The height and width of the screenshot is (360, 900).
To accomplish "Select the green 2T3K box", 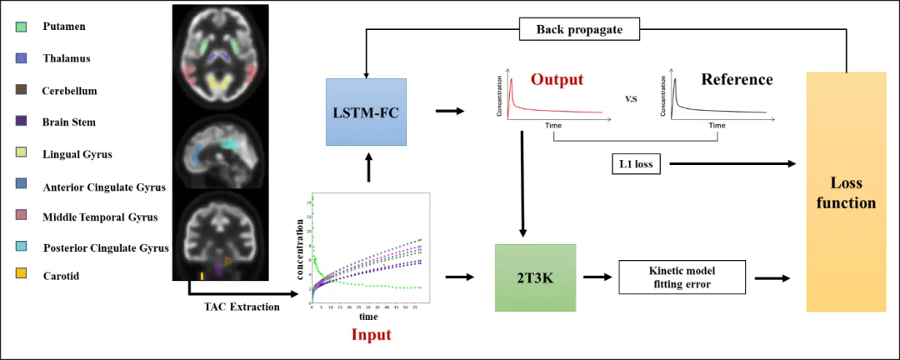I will (x=535, y=277).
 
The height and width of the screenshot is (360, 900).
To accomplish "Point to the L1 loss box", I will (x=637, y=164).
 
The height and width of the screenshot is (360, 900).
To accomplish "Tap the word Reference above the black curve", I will (x=737, y=79).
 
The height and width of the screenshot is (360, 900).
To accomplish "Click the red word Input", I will (x=371, y=335).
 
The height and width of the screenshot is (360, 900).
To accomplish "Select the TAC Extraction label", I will (x=242, y=307).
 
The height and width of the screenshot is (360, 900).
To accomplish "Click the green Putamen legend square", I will (x=22, y=27).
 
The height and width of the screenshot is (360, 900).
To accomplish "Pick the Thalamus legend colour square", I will (x=22, y=58).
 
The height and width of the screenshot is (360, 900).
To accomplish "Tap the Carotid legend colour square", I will (x=22, y=275).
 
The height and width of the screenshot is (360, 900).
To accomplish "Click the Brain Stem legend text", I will (x=69, y=122).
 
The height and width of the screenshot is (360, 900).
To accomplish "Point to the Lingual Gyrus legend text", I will (x=77, y=154).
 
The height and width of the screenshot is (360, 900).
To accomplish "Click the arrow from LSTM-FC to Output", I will (x=450, y=111).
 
